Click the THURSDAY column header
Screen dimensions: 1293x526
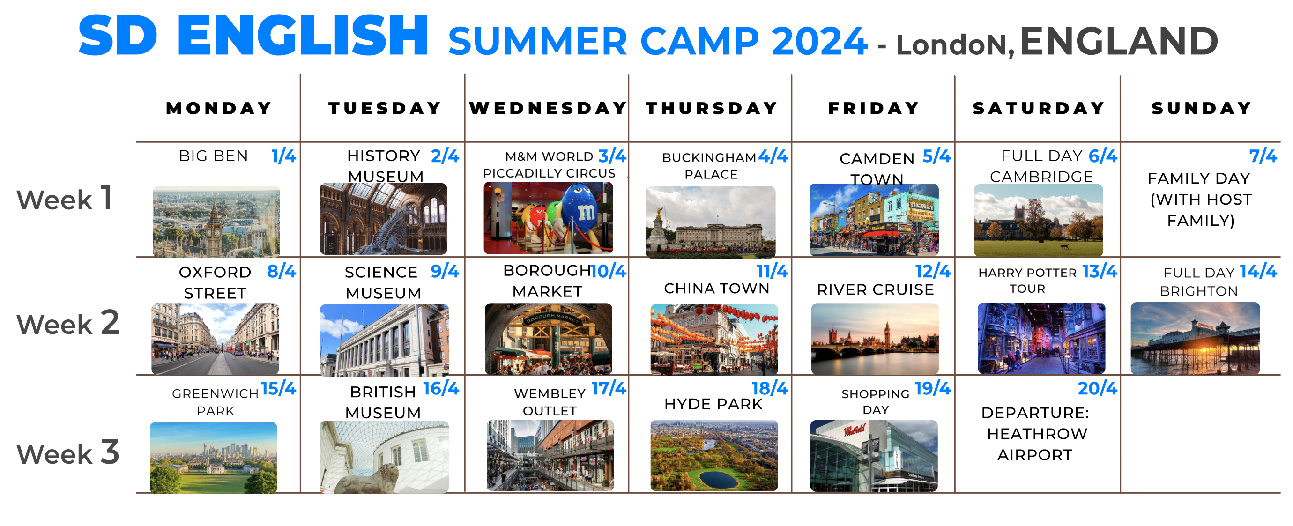(711, 108)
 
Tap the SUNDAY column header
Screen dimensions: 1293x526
(1201, 108)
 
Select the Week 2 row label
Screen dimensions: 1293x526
(68, 323)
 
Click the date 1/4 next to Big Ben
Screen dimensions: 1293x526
(283, 156)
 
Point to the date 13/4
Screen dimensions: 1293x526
(1099, 272)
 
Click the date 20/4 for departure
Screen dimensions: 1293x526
(1097, 388)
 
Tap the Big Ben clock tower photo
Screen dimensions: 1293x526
(216, 222)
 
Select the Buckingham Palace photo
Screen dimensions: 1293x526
(711, 222)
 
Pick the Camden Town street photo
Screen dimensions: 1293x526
(874, 220)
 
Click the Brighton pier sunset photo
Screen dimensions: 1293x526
(1195, 338)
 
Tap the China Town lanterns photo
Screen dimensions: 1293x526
(714, 339)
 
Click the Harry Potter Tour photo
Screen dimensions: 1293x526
(1041, 338)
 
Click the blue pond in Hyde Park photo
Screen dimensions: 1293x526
(719, 479)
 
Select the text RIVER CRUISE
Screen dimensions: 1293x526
(876, 289)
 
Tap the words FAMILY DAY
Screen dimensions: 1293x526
(1199, 178)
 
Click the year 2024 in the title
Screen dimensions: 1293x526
(820, 41)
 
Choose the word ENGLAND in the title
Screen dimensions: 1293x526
(1119, 41)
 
